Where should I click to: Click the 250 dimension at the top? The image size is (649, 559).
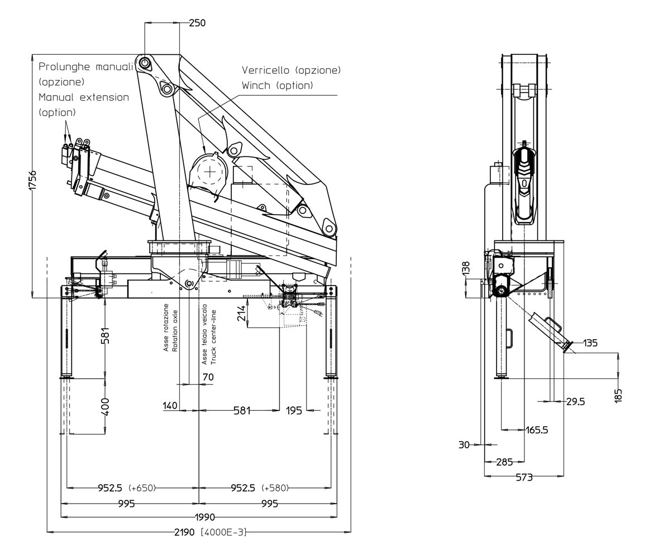[197, 23]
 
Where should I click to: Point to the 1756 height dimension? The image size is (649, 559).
[33, 180]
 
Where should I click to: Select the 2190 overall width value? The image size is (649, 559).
[184, 532]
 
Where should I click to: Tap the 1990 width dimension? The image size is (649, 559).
[205, 517]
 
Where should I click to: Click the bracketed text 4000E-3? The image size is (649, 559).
[223, 532]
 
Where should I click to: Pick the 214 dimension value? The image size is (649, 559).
[242, 313]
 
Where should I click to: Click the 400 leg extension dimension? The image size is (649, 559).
[105, 406]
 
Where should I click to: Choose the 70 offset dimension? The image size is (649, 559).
[208, 377]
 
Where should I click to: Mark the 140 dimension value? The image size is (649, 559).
[170, 406]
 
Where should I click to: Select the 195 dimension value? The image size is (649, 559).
[294, 411]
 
